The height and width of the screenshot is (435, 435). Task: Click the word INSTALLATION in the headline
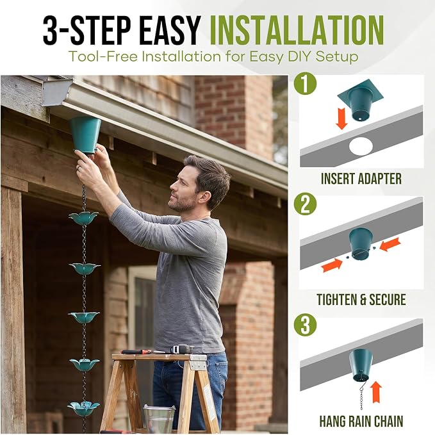coord(297,30)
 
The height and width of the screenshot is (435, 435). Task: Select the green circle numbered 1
coord(305,83)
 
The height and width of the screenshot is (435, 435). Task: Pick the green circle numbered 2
coord(305,204)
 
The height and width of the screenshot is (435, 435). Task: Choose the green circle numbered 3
coord(305,325)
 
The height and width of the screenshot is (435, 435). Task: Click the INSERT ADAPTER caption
coord(361,179)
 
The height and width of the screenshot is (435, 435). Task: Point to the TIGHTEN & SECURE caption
coord(361,300)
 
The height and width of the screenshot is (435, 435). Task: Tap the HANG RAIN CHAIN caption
coord(361,421)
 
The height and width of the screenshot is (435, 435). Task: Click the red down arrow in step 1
coord(341,119)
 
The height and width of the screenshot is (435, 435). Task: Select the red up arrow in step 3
coord(376,391)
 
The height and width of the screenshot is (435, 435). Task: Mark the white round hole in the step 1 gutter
coord(361,146)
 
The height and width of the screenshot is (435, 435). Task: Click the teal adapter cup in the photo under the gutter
coord(85,135)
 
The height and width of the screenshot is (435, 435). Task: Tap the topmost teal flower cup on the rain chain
coord(83,218)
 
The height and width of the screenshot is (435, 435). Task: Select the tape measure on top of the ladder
coord(182,349)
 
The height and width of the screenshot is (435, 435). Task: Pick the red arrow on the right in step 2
coord(390,244)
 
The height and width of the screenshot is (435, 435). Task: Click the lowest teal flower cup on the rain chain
coord(83,408)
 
